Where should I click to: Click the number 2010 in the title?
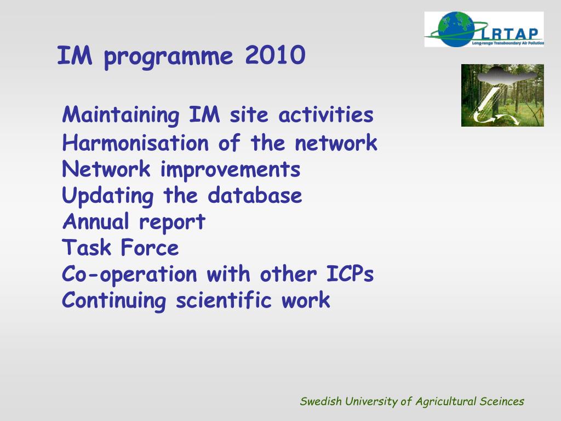[275, 55]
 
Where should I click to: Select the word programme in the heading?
[168, 57]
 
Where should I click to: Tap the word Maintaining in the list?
[121, 115]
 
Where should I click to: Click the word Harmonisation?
[135, 143]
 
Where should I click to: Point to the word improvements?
[230, 170]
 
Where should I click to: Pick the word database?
[255, 195]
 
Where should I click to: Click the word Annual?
[95, 221]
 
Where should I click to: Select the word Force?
[150, 247]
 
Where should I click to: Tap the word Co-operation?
[129, 275]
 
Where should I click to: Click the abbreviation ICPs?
[350, 274]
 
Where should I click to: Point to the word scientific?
[224, 300]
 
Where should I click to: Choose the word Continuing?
[114, 301]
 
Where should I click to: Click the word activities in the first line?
[326, 115]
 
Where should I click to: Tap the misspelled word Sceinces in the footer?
[502, 401]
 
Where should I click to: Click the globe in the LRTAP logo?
[456, 30]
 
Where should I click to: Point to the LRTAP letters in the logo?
[511, 34]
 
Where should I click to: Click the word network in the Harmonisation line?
[336, 143]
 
